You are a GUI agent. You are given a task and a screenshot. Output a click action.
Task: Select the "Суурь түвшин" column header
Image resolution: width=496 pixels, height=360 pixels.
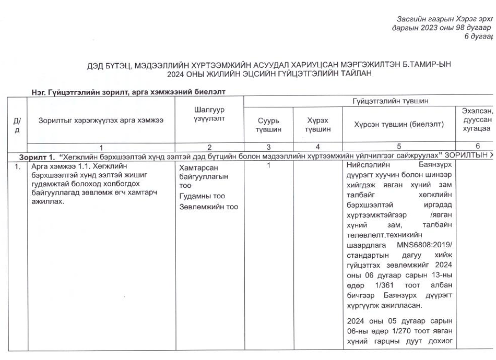[268, 124]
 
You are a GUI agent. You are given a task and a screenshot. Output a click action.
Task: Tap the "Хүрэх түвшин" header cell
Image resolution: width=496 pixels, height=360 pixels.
[317, 124]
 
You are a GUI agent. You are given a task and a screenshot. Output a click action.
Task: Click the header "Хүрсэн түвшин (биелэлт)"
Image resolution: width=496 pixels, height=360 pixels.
[399, 124]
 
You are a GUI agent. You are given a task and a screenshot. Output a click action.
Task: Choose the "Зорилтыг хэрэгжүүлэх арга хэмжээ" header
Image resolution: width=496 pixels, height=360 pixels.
[101, 120]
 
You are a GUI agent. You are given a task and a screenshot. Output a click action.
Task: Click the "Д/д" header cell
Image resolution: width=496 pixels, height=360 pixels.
[17, 124]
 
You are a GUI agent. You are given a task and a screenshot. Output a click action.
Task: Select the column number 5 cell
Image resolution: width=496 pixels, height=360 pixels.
[399, 147]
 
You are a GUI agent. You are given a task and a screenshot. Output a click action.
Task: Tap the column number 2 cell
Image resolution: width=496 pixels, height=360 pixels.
[209, 147]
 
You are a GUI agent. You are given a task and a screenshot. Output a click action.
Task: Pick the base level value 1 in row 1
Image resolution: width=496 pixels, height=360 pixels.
[268, 165]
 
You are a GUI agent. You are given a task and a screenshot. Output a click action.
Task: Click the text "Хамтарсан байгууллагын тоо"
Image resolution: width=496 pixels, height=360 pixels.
[203, 176]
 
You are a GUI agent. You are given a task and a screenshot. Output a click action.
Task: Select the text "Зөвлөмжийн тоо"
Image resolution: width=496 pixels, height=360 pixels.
[208, 207]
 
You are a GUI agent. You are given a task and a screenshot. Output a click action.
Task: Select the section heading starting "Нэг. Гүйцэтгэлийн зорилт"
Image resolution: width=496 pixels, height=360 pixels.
[130, 92]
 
